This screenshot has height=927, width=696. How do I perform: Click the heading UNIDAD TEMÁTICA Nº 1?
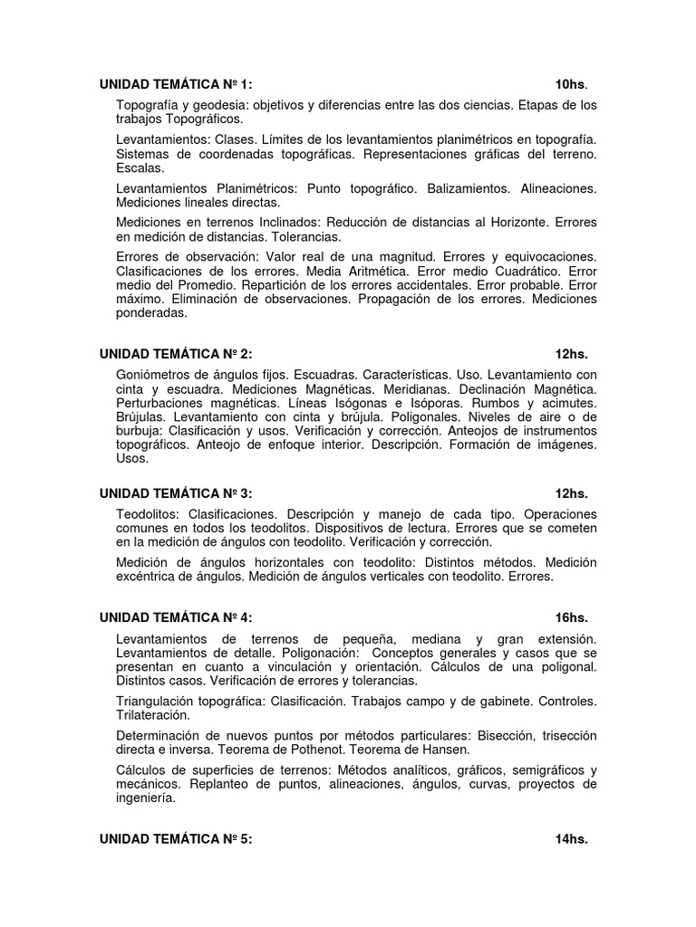[176, 85]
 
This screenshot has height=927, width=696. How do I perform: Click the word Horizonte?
[513, 222]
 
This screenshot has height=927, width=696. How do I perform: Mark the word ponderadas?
[151, 313]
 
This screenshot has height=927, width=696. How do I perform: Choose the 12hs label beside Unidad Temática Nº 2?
[572, 354]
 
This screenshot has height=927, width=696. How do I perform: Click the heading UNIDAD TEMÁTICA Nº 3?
[176, 493]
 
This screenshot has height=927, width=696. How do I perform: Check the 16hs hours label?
[572, 617]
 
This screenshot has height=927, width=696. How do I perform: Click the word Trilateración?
[153, 714]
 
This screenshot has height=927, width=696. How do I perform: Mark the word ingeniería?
[146, 798]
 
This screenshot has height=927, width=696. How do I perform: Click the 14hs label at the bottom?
[572, 839]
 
